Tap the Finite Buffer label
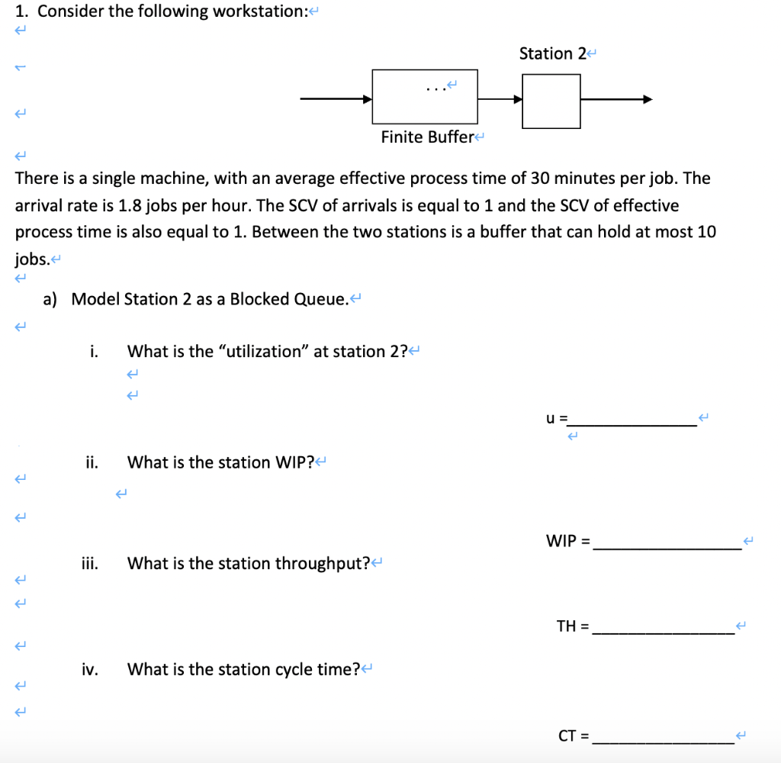click(428, 137)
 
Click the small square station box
click(551, 101)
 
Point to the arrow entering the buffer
click(336, 98)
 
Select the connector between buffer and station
click(500, 98)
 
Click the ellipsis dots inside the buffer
click(435, 89)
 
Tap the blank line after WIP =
click(667, 546)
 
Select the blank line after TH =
click(663, 631)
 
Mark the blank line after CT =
click(663, 741)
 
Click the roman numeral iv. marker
click(90, 670)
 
